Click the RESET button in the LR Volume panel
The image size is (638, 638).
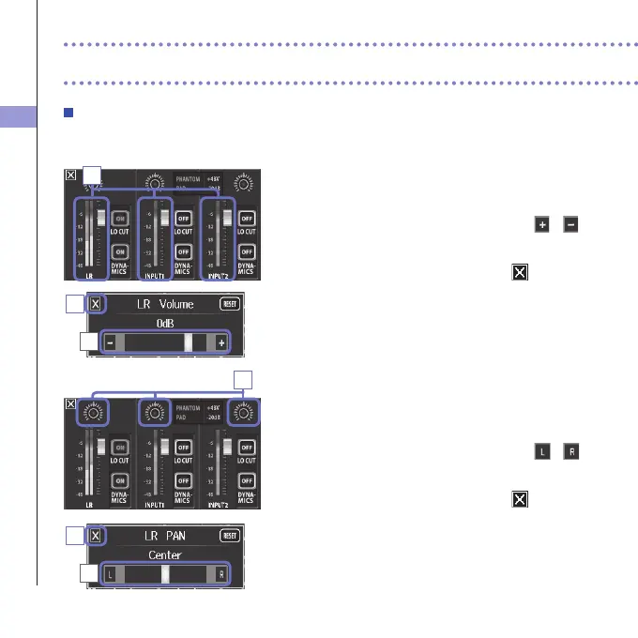click(x=228, y=304)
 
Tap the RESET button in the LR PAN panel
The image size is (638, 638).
click(x=228, y=536)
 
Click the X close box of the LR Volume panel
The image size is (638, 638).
click(x=96, y=304)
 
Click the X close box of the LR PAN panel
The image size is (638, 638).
click(x=96, y=536)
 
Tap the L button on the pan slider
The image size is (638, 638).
click(x=110, y=573)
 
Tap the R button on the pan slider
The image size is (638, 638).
click(x=221, y=573)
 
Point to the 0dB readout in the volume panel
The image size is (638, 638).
click(x=165, y=322)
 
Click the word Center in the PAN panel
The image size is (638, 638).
click(x=165, y=554)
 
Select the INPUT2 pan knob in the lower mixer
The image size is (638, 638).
click(x=245, y=411)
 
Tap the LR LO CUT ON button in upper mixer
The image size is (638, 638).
click(x=121, y=217)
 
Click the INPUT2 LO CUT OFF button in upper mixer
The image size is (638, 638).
click(x=247, y=217)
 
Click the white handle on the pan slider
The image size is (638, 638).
click(x=164, y=573)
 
